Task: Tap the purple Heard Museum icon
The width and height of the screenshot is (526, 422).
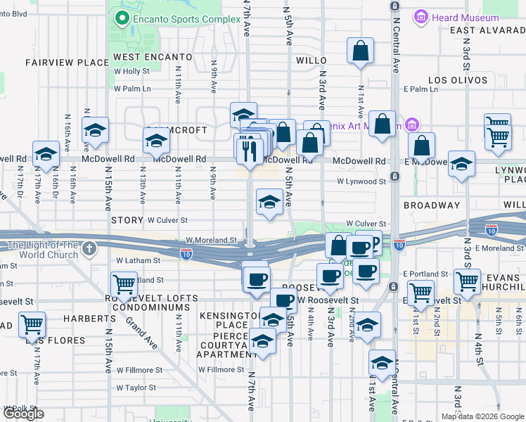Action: pos(421,17)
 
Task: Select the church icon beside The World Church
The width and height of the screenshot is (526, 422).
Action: pos(89,248)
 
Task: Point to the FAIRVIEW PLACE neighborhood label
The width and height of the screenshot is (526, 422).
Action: pos(58,62)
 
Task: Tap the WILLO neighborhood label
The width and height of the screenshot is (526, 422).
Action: pos(312,61)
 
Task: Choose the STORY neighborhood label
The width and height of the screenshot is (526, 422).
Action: pos(127,220)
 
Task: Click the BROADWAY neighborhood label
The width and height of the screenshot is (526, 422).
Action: pos(432,205)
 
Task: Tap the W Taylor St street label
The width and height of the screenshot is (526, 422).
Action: pos(136,388)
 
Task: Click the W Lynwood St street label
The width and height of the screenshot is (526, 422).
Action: pos(361,181)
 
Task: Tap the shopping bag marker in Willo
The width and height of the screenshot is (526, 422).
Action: pos(360,51)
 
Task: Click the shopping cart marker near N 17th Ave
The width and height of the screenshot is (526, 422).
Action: pos(32,325)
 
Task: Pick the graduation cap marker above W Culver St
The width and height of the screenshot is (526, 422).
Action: pos(269,203)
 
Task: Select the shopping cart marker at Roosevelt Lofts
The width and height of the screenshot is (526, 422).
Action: pos(124,285)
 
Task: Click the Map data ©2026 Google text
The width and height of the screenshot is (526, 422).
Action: pos(482,416)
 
